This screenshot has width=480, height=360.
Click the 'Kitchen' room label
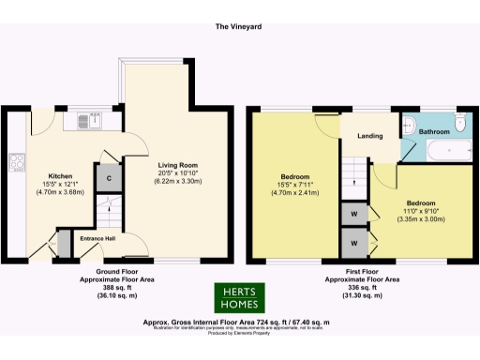(61, 175)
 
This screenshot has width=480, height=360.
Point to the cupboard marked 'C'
(110, 178)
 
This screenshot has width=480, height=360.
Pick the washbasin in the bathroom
(410, 124)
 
